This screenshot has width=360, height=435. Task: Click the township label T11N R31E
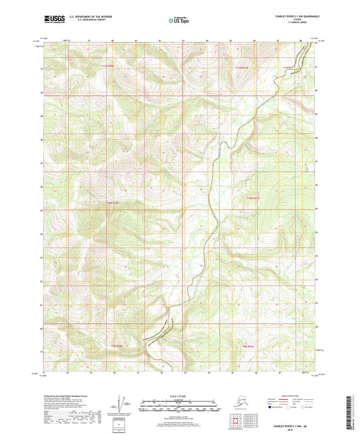[242, 67]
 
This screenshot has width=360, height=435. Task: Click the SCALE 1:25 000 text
[179, 396]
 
